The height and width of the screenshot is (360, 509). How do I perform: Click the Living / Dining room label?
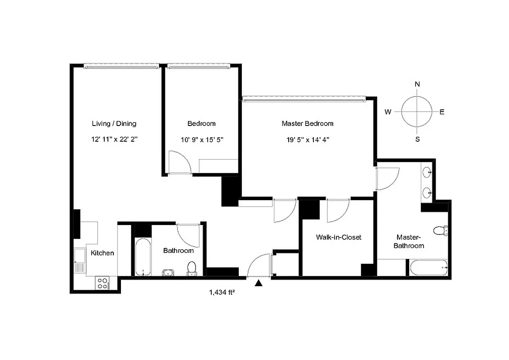(114, 123)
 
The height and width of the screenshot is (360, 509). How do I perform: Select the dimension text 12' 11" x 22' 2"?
(114, 139)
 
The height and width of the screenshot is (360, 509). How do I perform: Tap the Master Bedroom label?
(308, 123)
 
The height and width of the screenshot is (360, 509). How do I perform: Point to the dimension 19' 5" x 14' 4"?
(308, 139)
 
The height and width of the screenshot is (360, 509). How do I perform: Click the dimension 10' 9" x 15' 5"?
(201, 139)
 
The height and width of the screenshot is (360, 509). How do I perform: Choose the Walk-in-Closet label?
(338, 237)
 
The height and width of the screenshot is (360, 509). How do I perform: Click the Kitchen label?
(103, 253)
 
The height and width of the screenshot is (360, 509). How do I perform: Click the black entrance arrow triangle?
(259, 283)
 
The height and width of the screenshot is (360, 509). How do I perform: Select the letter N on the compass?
(417, 84)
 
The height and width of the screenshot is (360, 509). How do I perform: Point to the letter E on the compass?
(442, 112)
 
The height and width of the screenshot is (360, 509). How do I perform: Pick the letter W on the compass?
(388, 112)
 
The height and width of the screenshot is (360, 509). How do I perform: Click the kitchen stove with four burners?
(103, 283)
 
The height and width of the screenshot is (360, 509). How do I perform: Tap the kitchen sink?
(80, 255)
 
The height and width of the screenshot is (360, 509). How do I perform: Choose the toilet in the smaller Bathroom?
(192, 268)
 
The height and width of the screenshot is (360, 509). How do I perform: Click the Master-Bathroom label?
(409, 241)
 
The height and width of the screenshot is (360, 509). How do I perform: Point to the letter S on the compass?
(417, 139)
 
